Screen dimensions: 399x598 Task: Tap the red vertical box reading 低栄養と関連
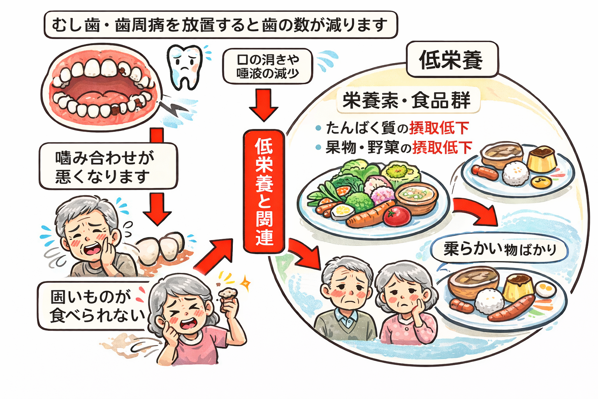click(264, 191)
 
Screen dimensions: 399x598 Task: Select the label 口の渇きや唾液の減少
click(268, 66)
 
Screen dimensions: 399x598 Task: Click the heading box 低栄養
click(452, 60)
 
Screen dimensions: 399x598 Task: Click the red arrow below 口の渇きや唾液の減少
click(264, 104)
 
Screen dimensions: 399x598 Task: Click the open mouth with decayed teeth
click(102, 87)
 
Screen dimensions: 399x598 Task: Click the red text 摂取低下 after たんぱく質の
click(439, 128)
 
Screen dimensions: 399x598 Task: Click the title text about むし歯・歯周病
click(220, 25)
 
